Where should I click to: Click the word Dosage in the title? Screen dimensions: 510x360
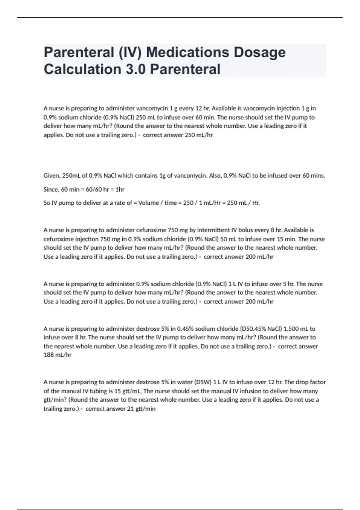point(259,52)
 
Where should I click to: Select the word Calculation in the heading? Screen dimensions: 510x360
point(82,69)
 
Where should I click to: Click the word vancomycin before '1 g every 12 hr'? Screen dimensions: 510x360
point(152,108)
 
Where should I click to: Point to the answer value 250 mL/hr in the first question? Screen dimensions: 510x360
point(199,135)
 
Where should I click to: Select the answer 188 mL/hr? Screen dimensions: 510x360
point(58,355)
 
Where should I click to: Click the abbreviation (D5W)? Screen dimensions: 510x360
point(203,382)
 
